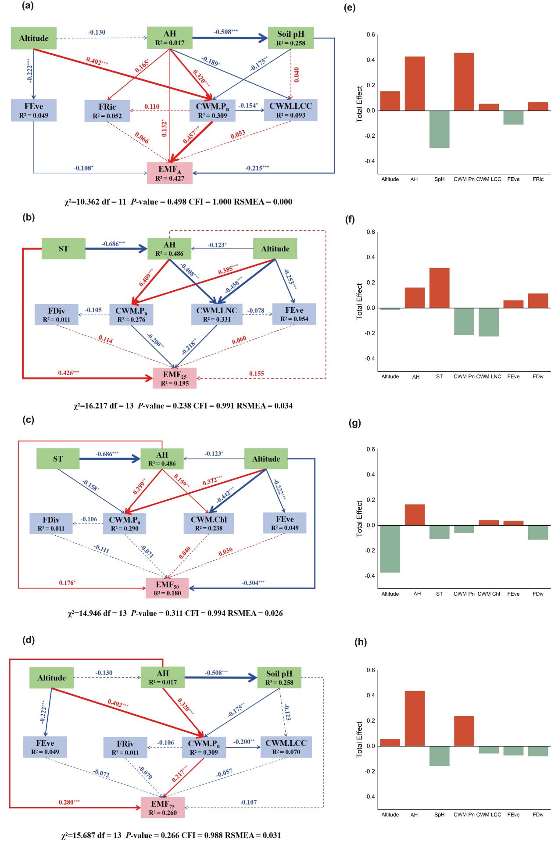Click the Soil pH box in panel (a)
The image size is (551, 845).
pos(290,38)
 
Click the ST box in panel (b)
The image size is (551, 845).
pos(64,248)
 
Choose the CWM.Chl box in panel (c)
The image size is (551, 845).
pos(209,523)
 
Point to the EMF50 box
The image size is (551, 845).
pos(167,588)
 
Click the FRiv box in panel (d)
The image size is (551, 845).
pos(125,747)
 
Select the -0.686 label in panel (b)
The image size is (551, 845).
pos(113,243)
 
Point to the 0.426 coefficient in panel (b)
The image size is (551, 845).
pos(68,373)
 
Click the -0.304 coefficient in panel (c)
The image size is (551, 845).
pos(253,583)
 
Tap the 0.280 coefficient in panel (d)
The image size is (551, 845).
pos(69,802)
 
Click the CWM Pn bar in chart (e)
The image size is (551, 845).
pos(464,82)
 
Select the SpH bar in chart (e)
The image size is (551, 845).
pos(439,129)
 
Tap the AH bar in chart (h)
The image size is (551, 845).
pos(415,718)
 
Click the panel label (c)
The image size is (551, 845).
pos(28,420)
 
